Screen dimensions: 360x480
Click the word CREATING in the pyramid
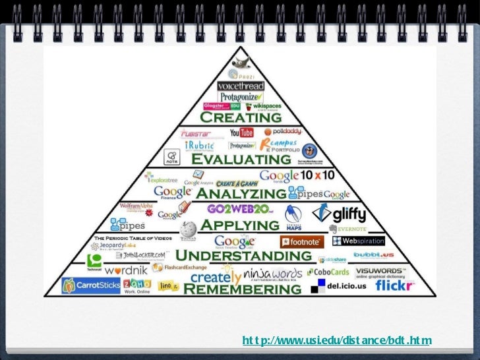[240, 117]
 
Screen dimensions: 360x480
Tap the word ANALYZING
[241, 193]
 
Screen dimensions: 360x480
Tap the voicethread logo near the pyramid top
[241, 86]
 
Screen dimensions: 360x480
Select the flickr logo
[394, 285]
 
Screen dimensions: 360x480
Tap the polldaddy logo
[282, 132]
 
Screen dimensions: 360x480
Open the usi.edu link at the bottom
[336, 340]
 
